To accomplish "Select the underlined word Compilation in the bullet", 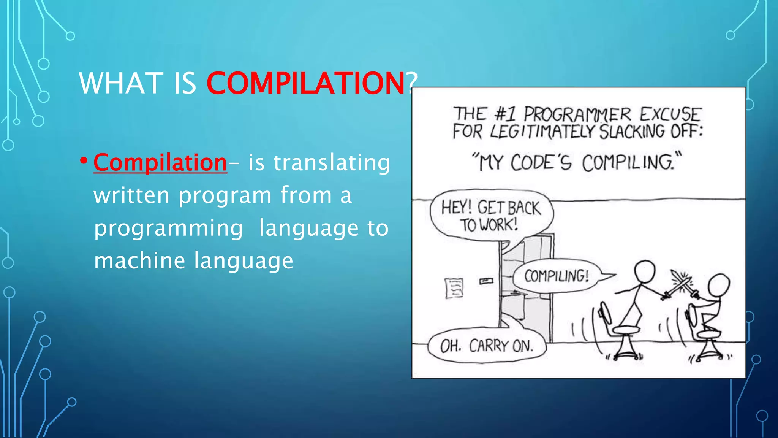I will [160, 163].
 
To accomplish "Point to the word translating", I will [332, 163].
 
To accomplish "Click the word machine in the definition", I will [139, 261].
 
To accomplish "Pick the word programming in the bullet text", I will [168, 228].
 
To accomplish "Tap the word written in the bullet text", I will [131, 195].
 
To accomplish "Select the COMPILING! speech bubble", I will [557, 276].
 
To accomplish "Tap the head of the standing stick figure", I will [645, 271].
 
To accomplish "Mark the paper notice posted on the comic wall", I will [454, 288].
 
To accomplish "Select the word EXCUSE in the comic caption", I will [670, 114].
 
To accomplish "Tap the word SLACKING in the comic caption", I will [632, 132].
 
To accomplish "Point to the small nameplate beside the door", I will [486, 281].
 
